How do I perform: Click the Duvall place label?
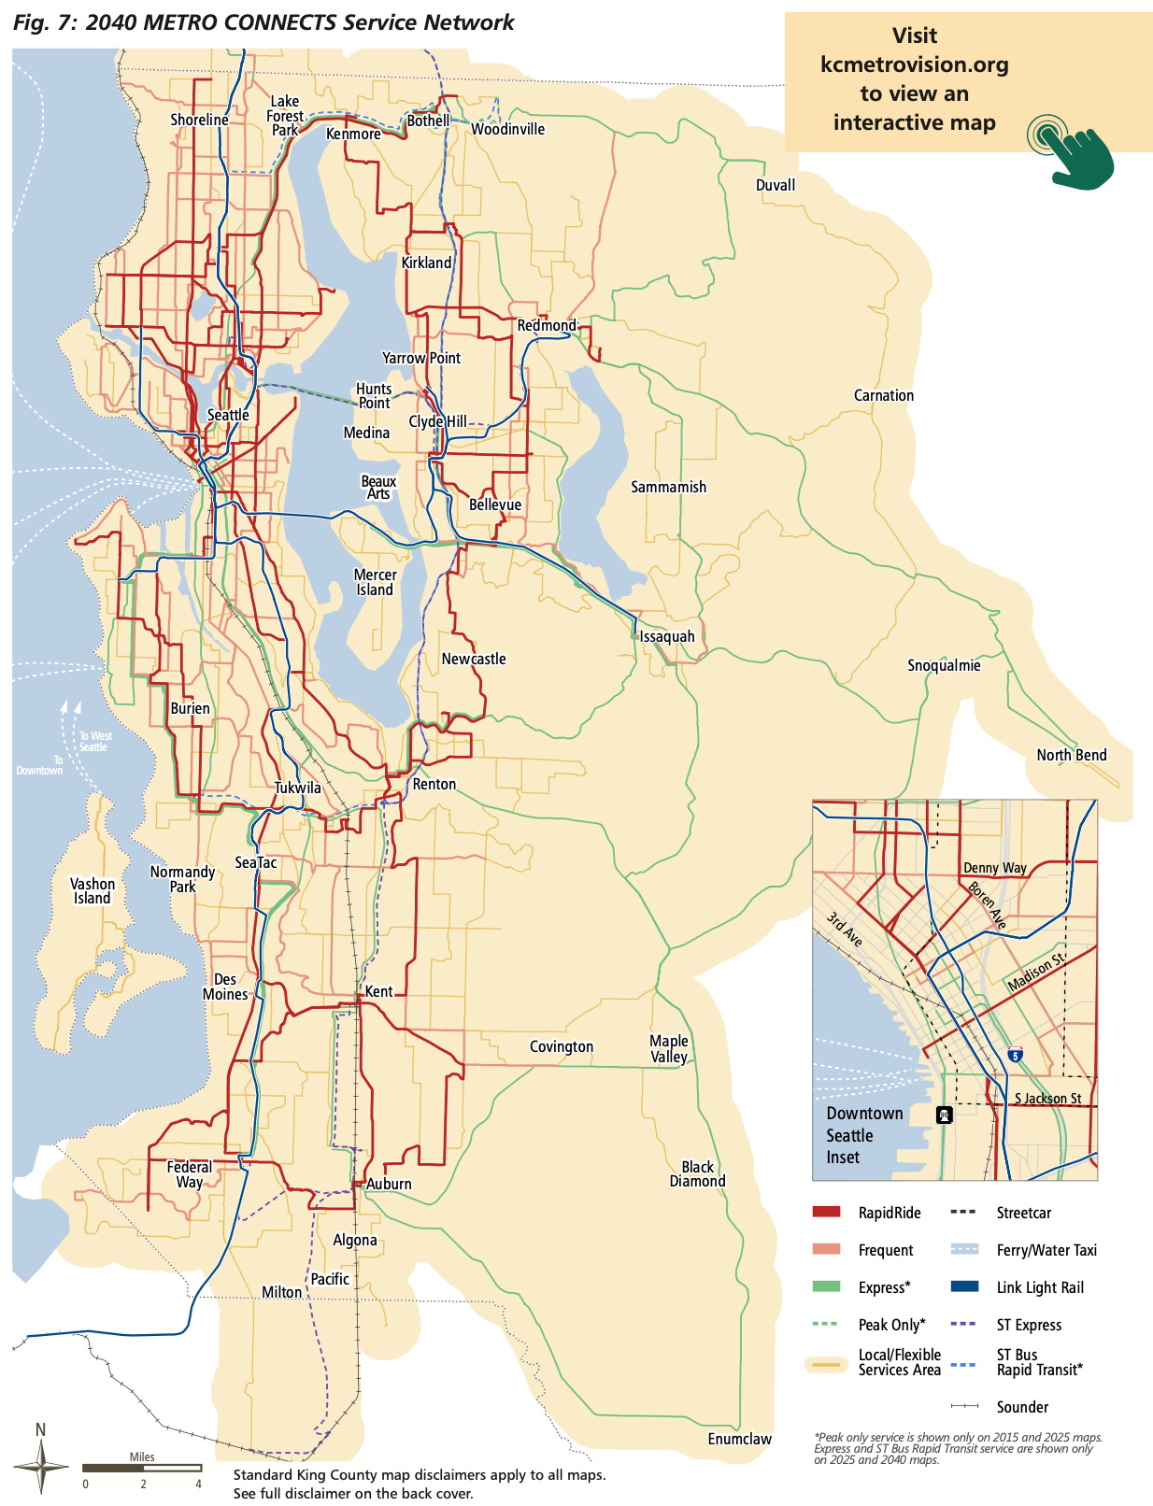click(x=776, y=185)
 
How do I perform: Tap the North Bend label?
click(x=1071, y=755)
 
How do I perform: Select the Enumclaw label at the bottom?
click(x=739, y=1439)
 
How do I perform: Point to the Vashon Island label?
click(x=93, y=890)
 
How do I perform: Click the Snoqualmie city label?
click(x=944, y=665)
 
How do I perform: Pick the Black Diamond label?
click(x=697, y=1173)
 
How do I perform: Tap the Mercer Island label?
click(x=375, y=582)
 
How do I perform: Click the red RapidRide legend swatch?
click(x=826, y=1213)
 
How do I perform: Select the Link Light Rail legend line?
click(x=963, y=1287)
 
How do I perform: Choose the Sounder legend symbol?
click(x=963, y=1406)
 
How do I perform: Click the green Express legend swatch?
click(x=826, y=1287)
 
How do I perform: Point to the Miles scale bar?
click(x=142, y=1468)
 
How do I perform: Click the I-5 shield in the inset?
click(x=1015, y=1056)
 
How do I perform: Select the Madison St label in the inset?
click(x=1036, y=973)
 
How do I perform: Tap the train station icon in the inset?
click(x=945, y=1115)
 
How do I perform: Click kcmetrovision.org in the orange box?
click(x=914, y=64)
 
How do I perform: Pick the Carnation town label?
click(x=883, y=395)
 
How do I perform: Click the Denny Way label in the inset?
click(x=994, y=868)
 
